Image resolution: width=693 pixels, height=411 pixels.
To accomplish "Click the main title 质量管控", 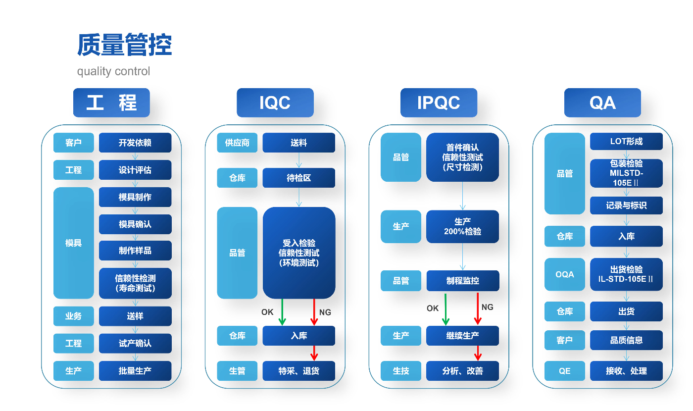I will (124, 46).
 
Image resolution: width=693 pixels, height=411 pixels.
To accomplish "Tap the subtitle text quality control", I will (113, 71).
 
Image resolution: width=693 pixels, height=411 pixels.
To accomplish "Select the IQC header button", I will (275, 103).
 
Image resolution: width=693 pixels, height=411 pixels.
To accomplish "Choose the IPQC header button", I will (439, 103).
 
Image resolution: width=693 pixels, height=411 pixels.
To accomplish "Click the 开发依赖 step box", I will (135, 143).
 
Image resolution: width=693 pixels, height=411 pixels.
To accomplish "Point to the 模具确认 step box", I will (135, 224).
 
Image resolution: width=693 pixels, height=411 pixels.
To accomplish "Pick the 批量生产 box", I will (135, 371).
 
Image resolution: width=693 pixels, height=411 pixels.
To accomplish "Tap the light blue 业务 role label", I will (73, 316).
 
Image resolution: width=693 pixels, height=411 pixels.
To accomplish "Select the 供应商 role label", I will (237, 143).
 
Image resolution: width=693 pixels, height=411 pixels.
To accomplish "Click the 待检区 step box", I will (298, 178).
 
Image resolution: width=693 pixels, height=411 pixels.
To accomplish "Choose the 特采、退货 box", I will (298, 371).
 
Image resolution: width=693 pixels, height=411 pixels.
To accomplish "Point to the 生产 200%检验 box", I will (462, 227).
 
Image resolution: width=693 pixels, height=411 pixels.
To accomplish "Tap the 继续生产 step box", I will (462, 336).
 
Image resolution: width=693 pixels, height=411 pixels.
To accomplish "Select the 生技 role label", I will (401, 371).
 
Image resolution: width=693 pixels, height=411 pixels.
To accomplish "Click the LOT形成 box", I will (626, 142).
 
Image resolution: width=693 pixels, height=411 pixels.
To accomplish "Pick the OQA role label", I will (565, 274).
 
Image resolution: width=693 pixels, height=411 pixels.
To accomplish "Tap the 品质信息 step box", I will (626, 340).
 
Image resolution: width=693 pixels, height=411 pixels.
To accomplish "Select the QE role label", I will (565, 371).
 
